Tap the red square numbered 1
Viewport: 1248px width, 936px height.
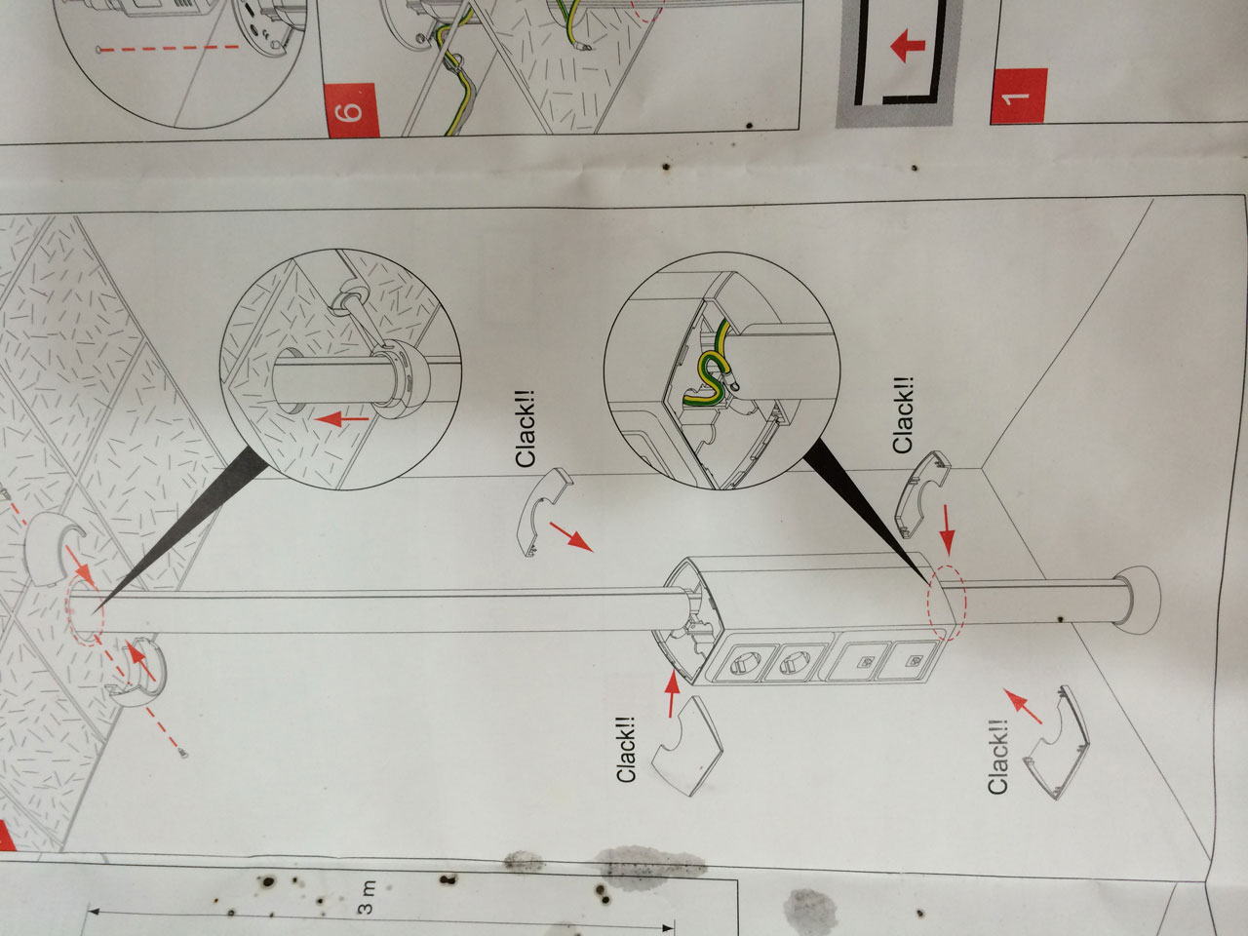1018,97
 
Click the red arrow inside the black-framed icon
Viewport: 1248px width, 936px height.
909,47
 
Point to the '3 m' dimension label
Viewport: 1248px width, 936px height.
367,897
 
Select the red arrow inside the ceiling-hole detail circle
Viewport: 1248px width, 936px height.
341,420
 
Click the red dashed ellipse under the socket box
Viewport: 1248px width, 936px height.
948,603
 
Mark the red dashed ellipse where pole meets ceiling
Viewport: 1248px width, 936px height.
85,617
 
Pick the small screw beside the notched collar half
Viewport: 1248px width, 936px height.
183,754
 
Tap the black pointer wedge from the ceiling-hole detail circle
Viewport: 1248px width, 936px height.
187,523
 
